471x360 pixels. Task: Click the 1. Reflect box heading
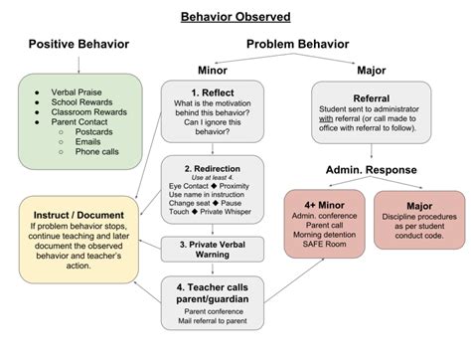(215, 91)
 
